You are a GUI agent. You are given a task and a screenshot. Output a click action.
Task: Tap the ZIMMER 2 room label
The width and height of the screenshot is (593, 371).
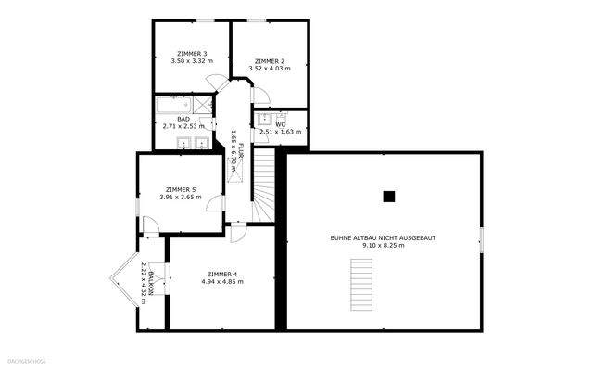269,60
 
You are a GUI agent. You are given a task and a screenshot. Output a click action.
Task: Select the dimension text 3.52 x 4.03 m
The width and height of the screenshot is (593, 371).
269,69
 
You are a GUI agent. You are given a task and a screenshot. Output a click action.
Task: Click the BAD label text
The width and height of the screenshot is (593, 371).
183,119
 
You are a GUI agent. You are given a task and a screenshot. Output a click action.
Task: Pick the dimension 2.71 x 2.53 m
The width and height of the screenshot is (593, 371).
183,126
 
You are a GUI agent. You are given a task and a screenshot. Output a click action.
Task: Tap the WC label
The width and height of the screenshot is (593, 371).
280,124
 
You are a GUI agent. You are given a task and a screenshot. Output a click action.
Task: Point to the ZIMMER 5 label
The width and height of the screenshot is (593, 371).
182,188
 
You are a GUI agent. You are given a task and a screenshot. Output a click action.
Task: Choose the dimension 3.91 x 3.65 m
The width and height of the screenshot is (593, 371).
182,197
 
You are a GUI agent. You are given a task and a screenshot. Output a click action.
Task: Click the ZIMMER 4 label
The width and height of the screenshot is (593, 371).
222,274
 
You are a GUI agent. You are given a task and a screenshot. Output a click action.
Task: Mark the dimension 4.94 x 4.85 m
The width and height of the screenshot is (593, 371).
222,282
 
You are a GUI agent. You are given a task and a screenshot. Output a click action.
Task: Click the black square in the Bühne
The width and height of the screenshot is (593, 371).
389,196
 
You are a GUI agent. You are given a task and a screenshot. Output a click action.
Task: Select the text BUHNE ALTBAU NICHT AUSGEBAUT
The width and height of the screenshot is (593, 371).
383,237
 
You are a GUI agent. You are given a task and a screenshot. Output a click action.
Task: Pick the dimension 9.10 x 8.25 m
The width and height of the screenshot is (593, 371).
383,246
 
